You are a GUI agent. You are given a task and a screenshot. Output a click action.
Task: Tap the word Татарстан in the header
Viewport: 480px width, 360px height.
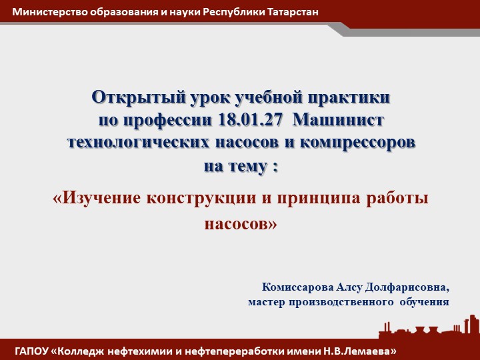click(288, 12)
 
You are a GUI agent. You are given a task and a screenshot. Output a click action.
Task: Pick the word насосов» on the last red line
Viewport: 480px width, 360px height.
click(240, 223)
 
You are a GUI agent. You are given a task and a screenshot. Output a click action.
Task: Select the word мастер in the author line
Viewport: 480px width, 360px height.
click(267, 302)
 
